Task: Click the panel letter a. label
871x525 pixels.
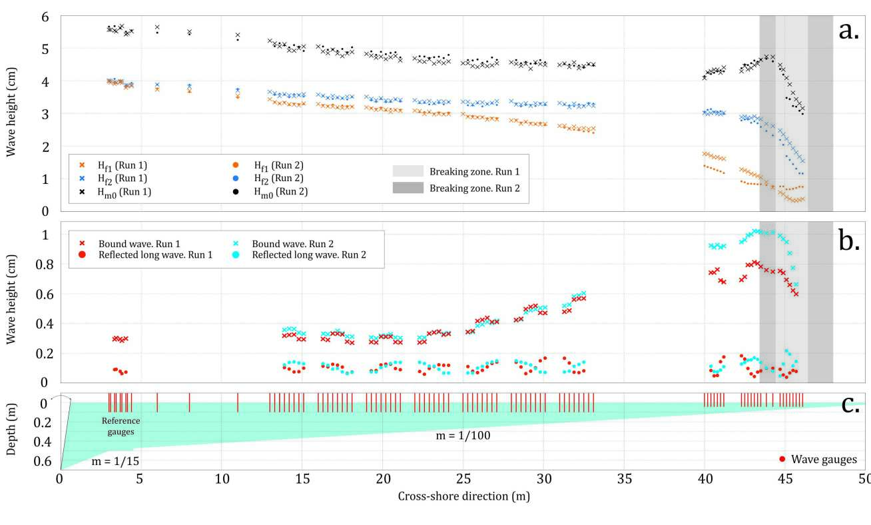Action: [848, 30]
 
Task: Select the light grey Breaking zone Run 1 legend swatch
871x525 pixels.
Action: [408, 171]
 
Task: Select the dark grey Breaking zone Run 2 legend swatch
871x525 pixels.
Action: [408, 188]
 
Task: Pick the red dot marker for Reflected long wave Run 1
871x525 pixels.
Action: [83, 255]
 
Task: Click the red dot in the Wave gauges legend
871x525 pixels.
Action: [782, 459]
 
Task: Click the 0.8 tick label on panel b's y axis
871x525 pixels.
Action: [42, 264]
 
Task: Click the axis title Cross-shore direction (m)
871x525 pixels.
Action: [463, 496]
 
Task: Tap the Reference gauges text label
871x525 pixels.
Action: [118, 426]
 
